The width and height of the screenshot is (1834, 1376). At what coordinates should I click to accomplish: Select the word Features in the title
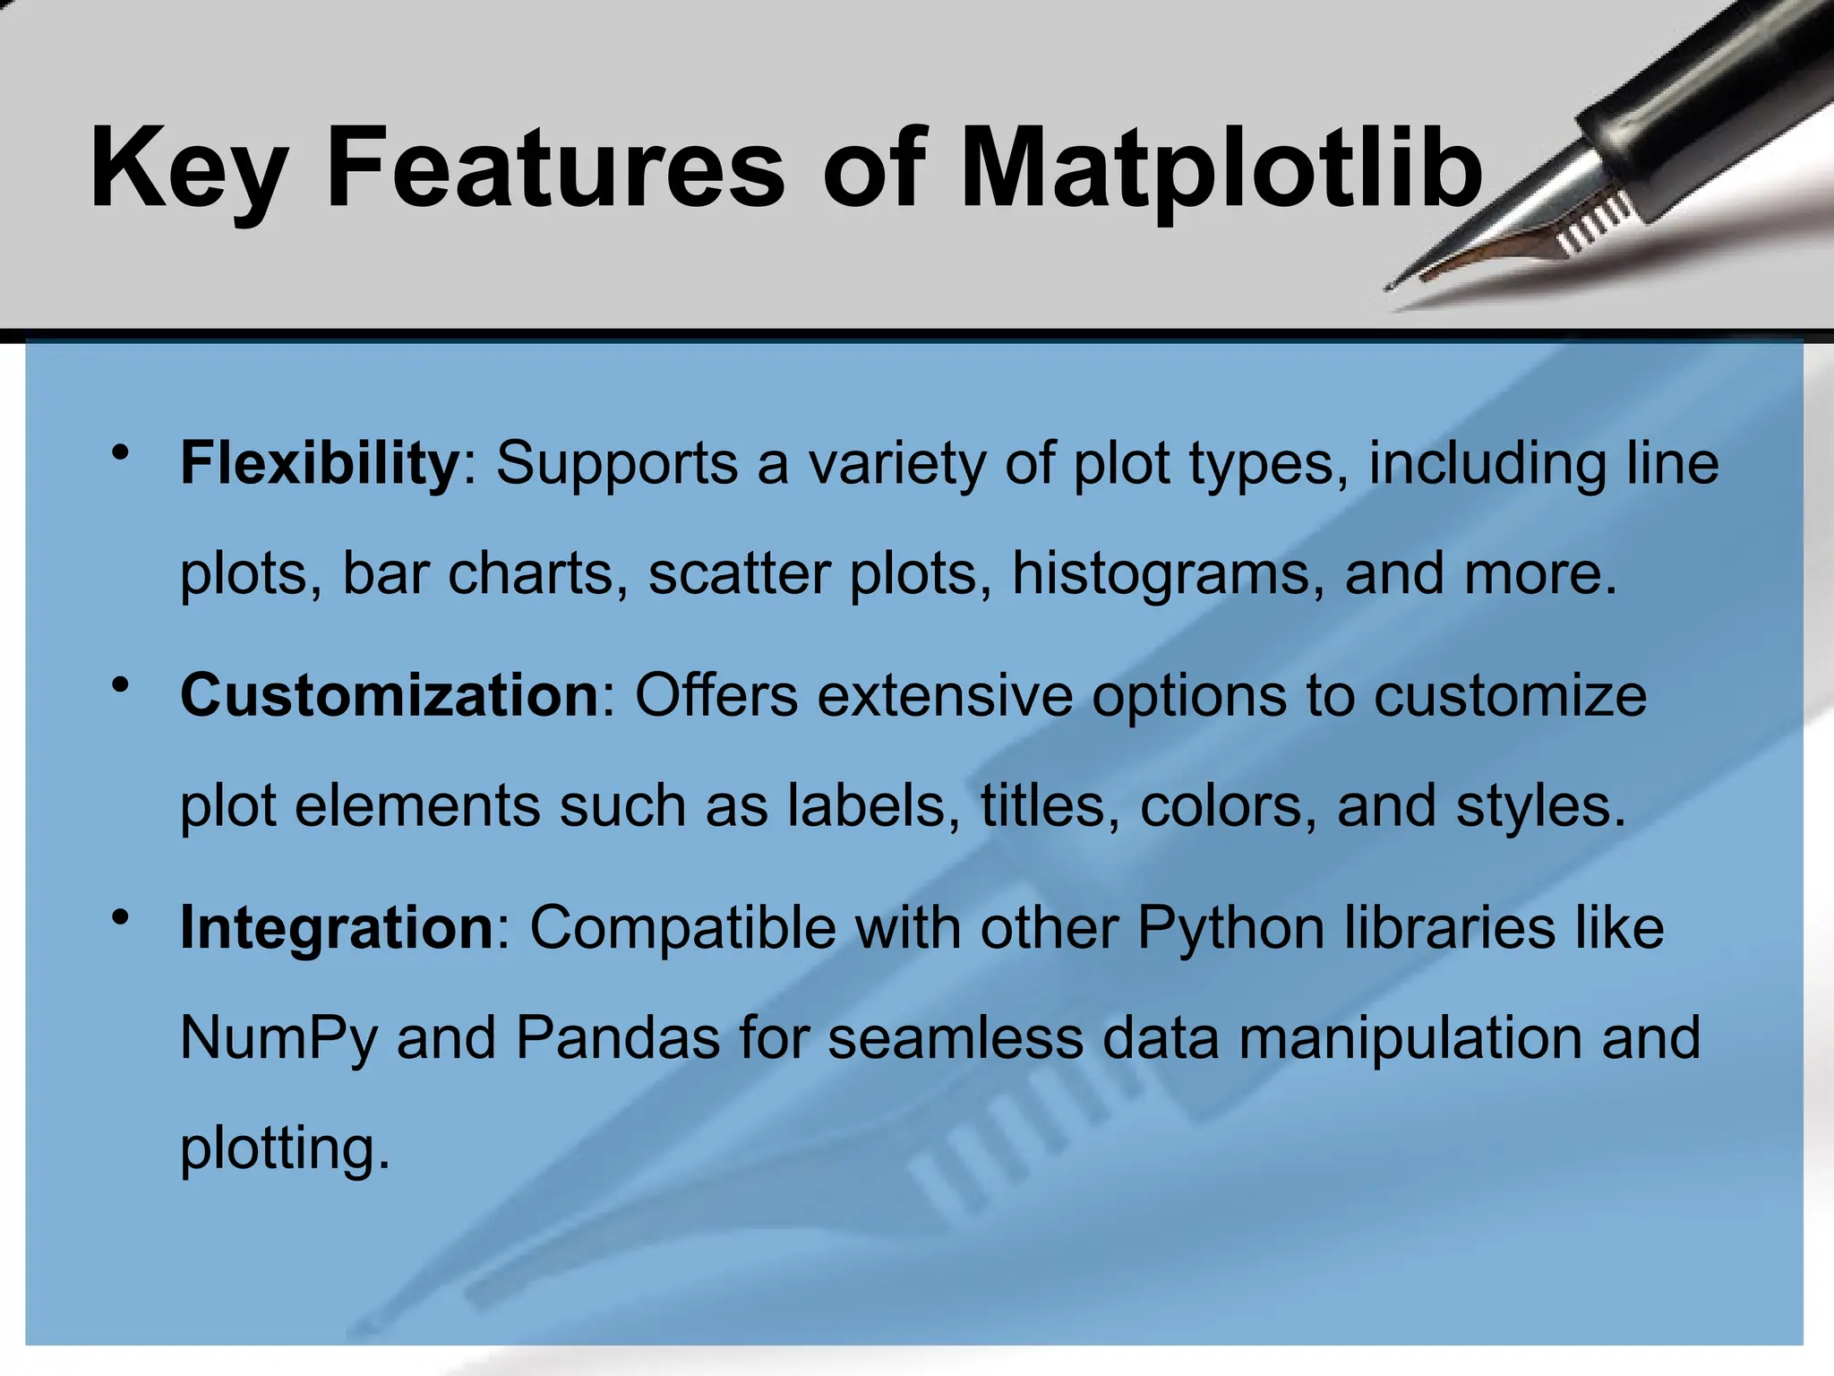[555, 168]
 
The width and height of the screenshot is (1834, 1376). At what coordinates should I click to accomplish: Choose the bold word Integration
[337, 927]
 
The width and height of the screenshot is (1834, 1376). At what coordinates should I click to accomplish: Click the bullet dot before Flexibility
[121, 453]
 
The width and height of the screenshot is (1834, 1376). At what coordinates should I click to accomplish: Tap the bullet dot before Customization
[121, 686]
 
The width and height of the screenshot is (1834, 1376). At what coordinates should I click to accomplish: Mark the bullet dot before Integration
[121, 918]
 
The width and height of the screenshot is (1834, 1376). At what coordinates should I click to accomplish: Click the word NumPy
[279, 1039]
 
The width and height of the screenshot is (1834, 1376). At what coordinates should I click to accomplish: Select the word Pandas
[618, 1039]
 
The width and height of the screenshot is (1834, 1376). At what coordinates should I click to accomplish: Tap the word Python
[1231, 929]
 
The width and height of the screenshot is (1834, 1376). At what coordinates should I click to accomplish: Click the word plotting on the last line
[285, 1149]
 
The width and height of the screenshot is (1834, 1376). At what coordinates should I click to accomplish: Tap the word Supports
[618, 465]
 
